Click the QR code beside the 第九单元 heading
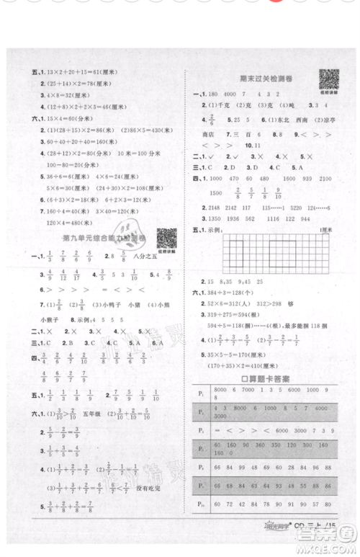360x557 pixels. point(166,237)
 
